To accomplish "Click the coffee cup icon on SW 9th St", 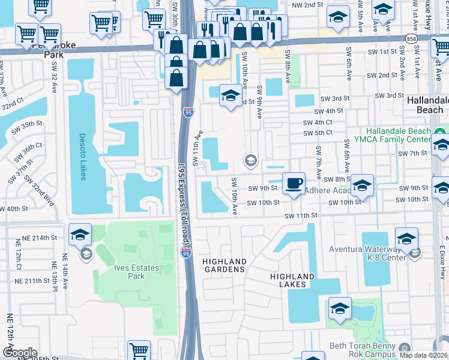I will click(x=293, y=183).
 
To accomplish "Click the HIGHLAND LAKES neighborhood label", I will click(x=292, y=280).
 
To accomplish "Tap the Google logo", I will click(x=19, y=352).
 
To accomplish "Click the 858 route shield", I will click(x=412, y=37).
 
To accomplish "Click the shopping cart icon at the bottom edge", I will click(x=139, y=350).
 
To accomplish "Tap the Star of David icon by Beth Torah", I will click(x=403, y=347).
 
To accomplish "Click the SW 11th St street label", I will click(x=300, y=215).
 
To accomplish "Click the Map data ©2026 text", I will click(x=423, y=355).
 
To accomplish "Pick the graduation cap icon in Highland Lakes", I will click(x=340, y=308).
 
